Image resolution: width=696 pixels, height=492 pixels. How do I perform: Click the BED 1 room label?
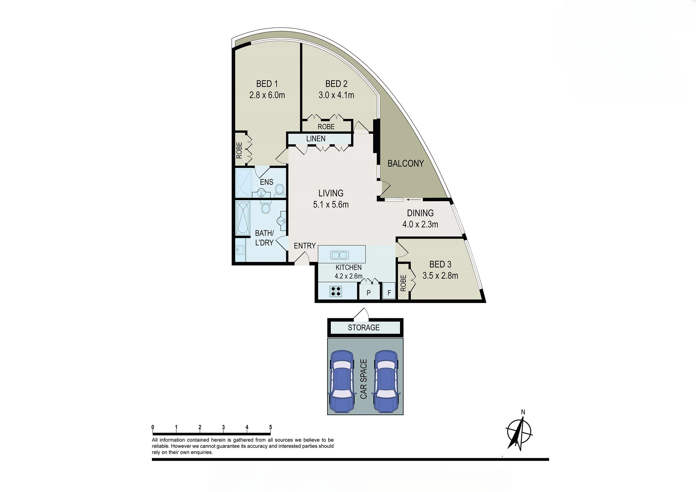coord(267,84)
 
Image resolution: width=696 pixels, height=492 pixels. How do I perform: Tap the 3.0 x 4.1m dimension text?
coord(336,95)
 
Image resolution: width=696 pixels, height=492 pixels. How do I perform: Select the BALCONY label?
coord(405,164)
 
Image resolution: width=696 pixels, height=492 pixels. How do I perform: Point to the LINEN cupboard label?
coord(316,138)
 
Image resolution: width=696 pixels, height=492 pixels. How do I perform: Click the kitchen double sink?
coord(339,255)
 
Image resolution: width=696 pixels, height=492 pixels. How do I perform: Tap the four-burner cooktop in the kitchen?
coord(335,292)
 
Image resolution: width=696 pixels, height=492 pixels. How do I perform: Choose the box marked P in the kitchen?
coord(369,292)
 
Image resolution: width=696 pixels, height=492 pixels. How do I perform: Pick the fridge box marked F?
coord(389,292)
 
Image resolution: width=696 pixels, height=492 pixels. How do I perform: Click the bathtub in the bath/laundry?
coord(243,218)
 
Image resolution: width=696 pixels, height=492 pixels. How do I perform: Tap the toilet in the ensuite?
coord(280,190)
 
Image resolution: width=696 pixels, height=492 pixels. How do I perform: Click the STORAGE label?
coord(363,327)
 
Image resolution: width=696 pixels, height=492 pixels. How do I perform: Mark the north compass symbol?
coord(519,432)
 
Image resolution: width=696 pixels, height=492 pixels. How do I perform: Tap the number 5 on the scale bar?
coord(271,427)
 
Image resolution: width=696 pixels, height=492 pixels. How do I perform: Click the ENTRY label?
coord(305,246)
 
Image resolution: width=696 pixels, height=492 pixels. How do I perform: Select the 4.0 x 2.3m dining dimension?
coord(420,224)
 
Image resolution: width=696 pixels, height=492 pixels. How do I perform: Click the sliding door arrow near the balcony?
coord(414,199)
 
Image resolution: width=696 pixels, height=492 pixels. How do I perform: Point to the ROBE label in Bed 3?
coord(403,283)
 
